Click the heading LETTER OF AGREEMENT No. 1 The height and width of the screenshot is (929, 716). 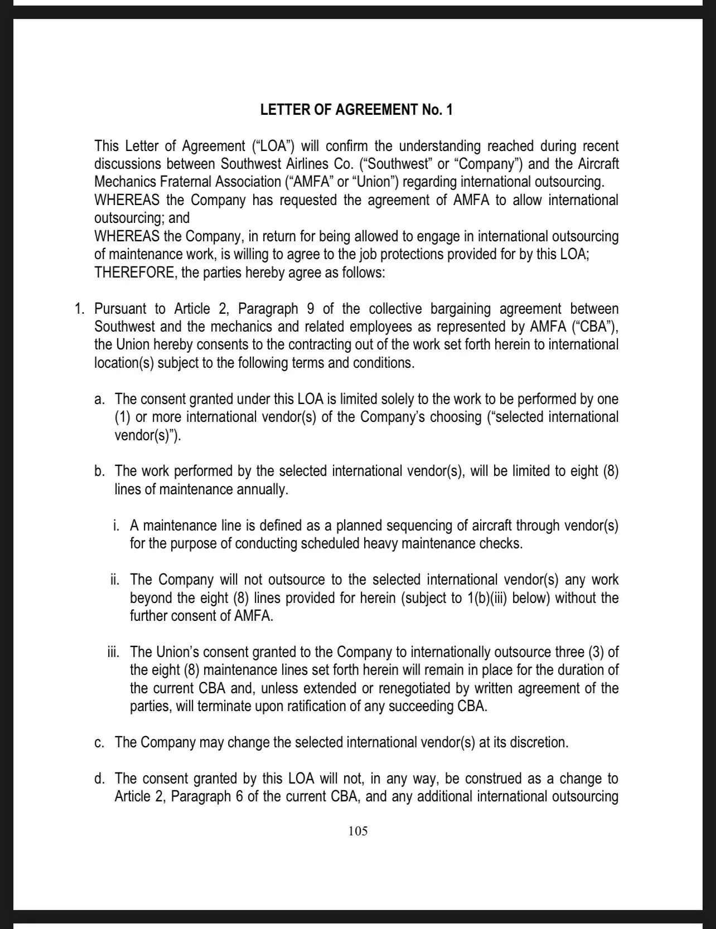click(x=356, y=110)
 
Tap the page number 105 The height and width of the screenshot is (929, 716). click(x=357, y=831)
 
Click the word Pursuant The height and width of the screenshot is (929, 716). click(x=121, y=309)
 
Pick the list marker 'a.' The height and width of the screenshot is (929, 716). click(x=100, y=399)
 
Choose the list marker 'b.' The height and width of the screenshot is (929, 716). click(x=100, y=471)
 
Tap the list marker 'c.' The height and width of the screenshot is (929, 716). click(x=100, y=742)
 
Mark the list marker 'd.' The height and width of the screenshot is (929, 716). click(x=100, y=779)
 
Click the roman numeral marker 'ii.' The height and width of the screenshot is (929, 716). click(x=115, y=580)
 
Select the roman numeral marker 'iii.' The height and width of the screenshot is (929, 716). click(x=114, y=652)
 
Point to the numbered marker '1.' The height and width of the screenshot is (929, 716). click(x=79, y=309)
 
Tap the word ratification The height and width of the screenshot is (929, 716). click(x=322, y=706)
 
